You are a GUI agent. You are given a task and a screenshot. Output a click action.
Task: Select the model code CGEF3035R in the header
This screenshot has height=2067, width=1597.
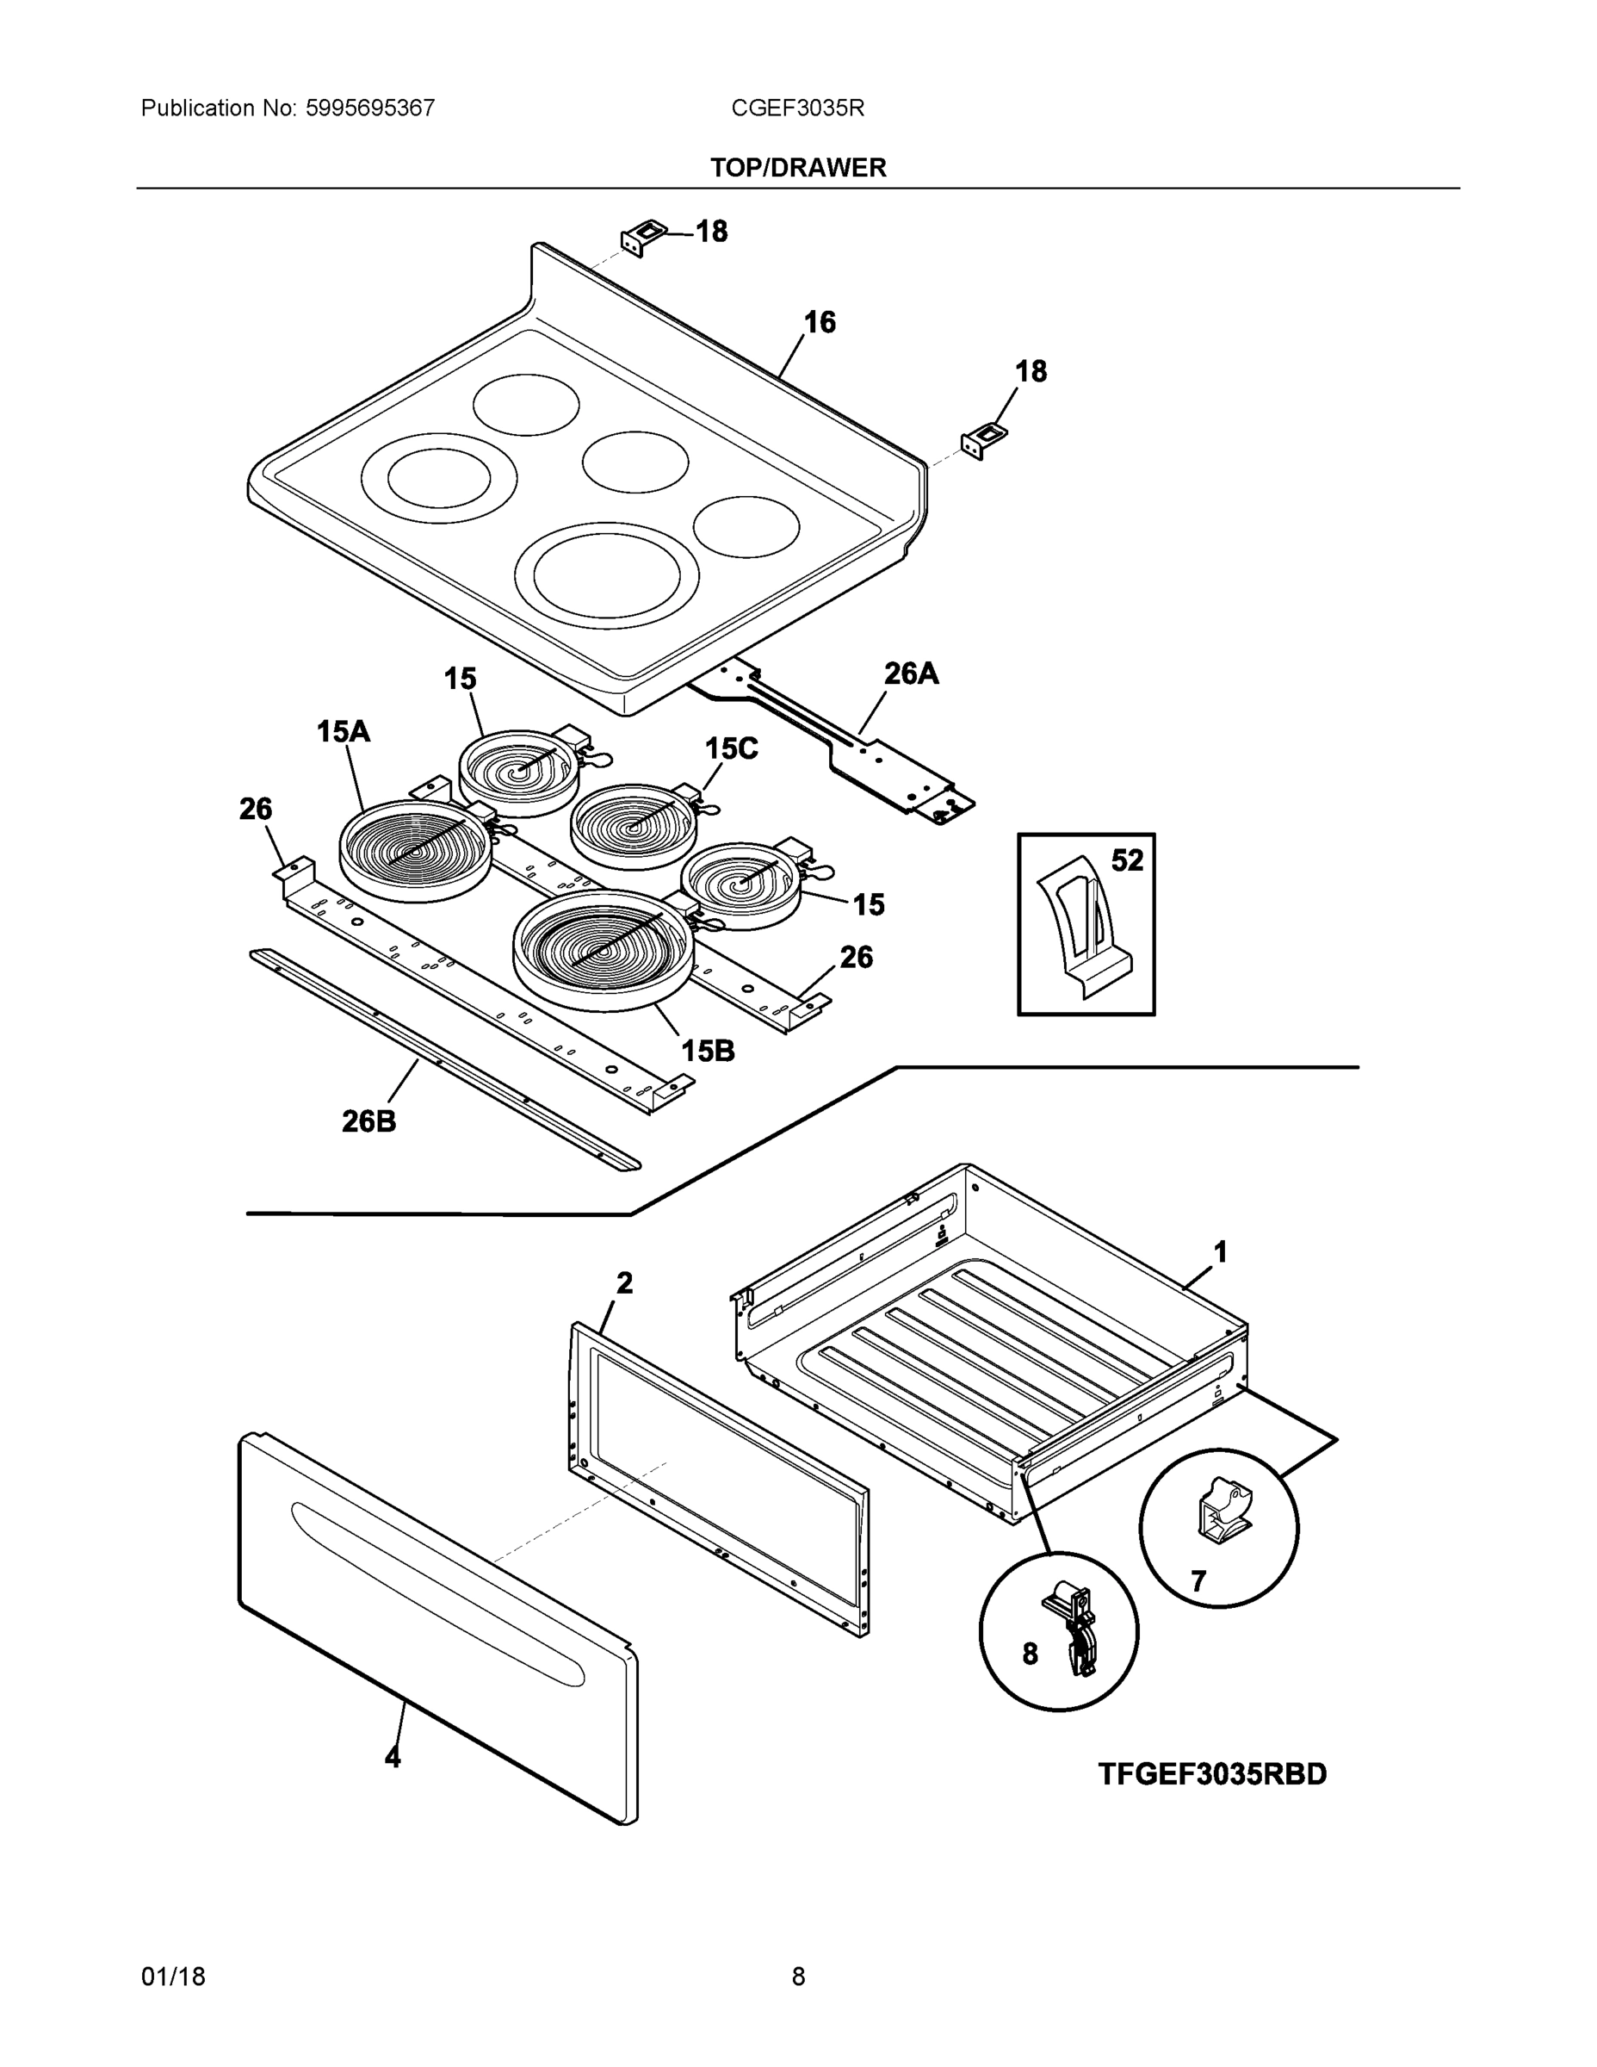pyautogui.click(x=796, y=108)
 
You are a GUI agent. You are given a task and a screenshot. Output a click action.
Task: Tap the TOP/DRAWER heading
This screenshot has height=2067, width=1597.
pyautogui.click(x=797, y=168)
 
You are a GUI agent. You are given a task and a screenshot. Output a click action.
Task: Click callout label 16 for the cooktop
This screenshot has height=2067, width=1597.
pyautogui.click(x=820, y=323)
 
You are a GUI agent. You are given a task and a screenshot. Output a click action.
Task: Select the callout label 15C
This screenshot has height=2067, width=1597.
pyautogui.click(x=731, y=748)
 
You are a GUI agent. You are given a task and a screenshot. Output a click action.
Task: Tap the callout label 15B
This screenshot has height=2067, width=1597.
pyautogui.click(x=708, y=1051)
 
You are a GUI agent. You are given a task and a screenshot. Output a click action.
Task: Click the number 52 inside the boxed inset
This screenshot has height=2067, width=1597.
pyautogui.click(x=1127, y=860)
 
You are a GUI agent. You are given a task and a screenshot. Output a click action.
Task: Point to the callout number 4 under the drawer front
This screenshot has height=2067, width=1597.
pyautogui.click(x=393, y=1758)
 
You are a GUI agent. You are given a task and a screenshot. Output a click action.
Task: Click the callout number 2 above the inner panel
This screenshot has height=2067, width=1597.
pyautogui.click(x=624, y=1283)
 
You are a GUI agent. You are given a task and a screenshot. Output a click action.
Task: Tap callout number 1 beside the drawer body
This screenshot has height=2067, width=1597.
pyautogui.click(x=1221, y=1252)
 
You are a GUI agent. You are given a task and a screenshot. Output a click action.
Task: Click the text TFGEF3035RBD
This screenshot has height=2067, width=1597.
pyautogui.click(x=1212, y=1774)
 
